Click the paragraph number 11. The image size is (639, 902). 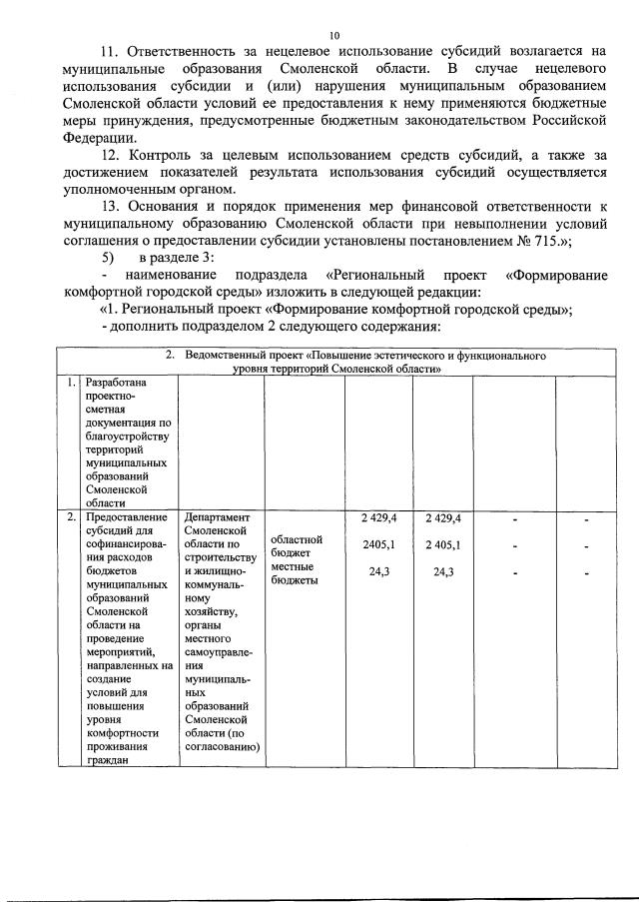coord(114,50)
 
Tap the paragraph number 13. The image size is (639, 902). coord(114,204)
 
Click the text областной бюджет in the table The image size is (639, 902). coord(296,545)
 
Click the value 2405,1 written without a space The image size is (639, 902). coord(378,544)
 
